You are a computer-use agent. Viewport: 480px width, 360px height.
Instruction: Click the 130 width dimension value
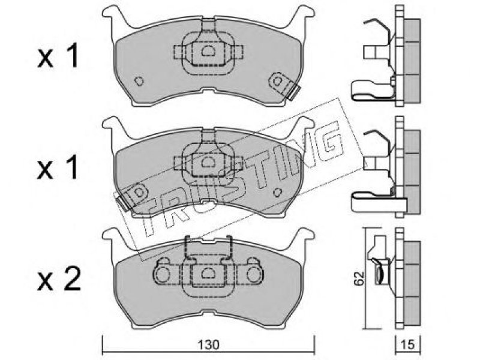click(208, 346)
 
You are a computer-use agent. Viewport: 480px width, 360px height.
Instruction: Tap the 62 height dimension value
click(359, 278)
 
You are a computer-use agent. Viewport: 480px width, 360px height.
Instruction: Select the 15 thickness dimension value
click(408, 345)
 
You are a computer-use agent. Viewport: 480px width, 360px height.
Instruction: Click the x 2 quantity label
click(59, 279)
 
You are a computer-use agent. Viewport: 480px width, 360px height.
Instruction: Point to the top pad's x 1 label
click(58, 56)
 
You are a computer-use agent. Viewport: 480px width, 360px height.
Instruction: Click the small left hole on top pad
click(139, 81)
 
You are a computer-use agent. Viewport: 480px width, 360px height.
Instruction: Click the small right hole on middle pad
click(277, 193)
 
